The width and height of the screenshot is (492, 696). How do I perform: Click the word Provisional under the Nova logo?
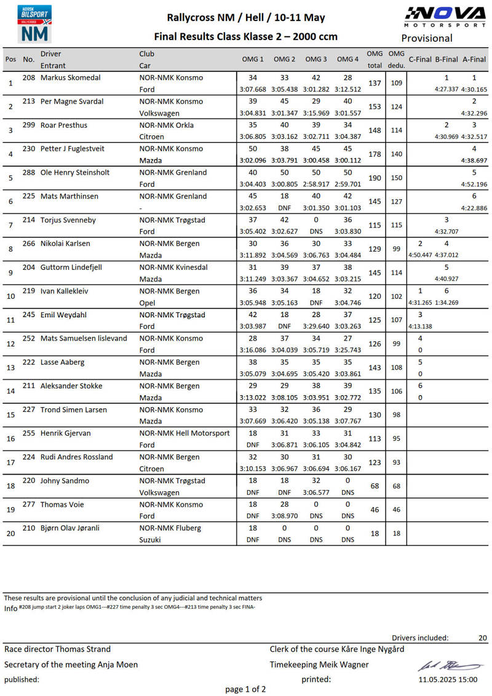coord(427,38)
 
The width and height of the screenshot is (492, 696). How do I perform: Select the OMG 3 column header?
coord(316,59)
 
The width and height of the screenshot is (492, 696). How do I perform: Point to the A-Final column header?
coord(474,59)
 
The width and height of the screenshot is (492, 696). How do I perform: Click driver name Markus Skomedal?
coord(71,78)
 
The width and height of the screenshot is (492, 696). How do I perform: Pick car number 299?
coord(29,125)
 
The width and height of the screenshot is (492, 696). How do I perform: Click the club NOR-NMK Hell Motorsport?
coord(184,433)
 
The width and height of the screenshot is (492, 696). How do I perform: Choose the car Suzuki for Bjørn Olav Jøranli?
coord(150,540)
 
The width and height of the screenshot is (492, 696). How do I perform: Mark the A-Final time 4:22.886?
coord(474,208)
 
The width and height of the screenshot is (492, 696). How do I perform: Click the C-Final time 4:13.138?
coord(420,326)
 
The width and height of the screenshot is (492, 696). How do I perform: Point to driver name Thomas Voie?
coord(61,505)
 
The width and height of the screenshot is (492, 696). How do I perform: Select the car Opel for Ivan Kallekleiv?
coord(148,303)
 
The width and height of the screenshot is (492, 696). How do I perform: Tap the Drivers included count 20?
coord(482,638)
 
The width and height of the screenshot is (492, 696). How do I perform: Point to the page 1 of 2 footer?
coord(245,689)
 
